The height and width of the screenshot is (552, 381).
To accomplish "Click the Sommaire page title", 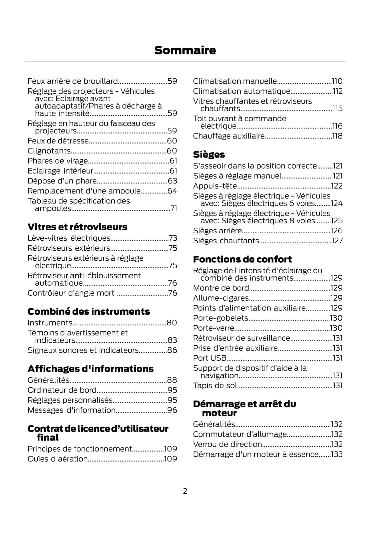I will pyautogui.click(x=185, y=50).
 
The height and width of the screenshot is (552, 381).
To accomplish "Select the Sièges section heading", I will pyautogui.click(x=209, y=155).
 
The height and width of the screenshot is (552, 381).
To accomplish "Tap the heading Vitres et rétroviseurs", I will pyautogui.click(x=77, y=227).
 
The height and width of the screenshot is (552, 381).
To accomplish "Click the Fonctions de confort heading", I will pyautogui.click(x=242, y=259).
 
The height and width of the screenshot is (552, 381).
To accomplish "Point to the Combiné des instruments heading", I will pyautogui.click(x=88, y=312).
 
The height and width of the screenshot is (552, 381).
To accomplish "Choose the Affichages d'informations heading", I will pyautogui.click(x=90, y=369).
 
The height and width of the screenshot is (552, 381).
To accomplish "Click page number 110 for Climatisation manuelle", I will pyautogui.click(x=337, y=81).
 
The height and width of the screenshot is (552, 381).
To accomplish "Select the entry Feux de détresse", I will pyautogui.click(x=58, y=141).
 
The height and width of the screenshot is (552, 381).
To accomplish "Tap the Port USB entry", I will pyautogui.click(x=210, y=358).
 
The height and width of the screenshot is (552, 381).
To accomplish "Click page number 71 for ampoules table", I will pyautogui.click(x=173, y=208).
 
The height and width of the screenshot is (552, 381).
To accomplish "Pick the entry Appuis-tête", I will pyautogui.click(x=215, y=186).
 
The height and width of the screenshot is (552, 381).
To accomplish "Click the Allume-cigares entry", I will pyautogui.click(x=221, y=298).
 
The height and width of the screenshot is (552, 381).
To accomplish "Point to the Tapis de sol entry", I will pyautogui.click(x=215, y=385).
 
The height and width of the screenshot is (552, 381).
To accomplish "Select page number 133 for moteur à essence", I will pyautogui.click(x=337, y=454).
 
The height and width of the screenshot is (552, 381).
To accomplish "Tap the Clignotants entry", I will pyautogui.click(x=49, y=151).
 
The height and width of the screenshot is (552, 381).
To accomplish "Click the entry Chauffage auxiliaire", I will pyautogui.click(x=229, y=136).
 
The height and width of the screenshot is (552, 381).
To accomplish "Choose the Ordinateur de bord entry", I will pyautogui.click(x=62, y=390).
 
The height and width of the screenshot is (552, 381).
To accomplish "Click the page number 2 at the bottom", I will pyautogui.click(x=185, y=491).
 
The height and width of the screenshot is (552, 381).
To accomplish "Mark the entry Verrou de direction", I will pyautogui.click(x=228, y=444).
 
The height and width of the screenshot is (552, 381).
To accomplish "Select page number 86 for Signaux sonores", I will pyautogui.click(x=172, y=350).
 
